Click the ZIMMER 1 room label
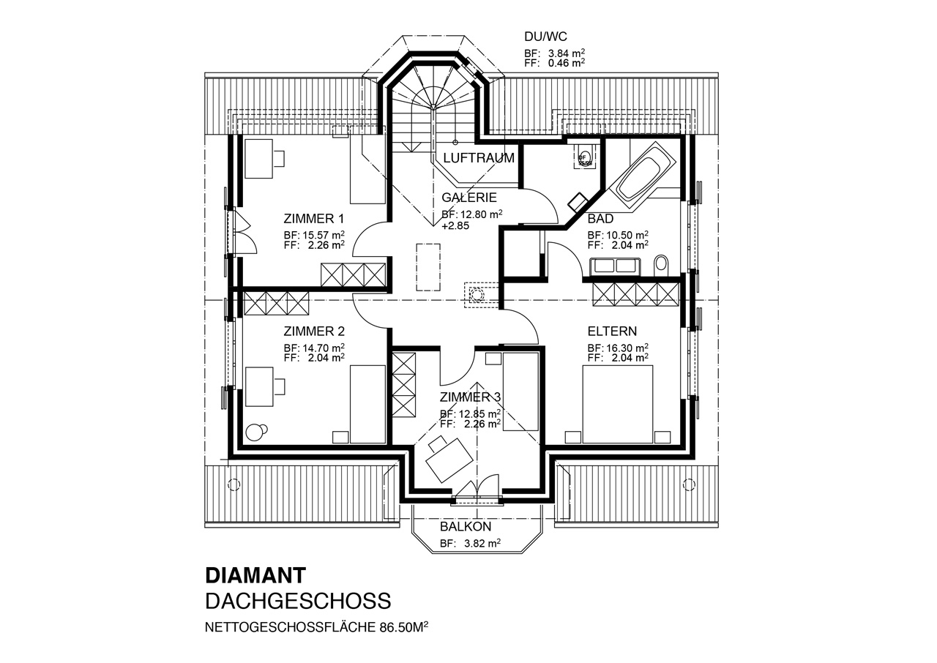[x=313, y=219]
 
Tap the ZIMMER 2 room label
[x=313, y=331]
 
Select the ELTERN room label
[x=611, y=331]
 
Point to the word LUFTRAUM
[x=479, y=158]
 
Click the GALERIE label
[x=469, y=198]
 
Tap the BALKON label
[x=466, y=527]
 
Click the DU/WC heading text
[x=545, y=36]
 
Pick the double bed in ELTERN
[x=617, y=404]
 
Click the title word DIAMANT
[x=255, y=574]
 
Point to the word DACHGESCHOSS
[x=298, y=602]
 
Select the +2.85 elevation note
[x=455, y=226]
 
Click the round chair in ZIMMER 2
[x=255, y=432]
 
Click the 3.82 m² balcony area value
[x=481, y=544]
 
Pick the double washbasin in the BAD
[x=615, y=266]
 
